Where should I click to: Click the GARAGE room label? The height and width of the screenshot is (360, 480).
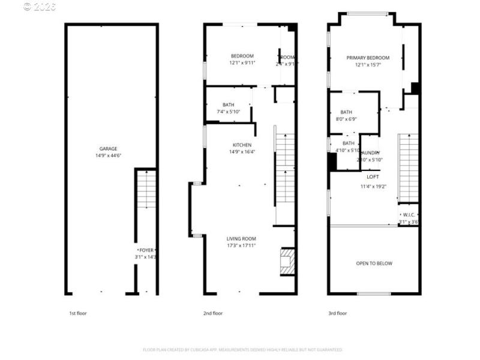click(109, 149)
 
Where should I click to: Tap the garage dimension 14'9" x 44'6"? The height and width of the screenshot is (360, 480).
click(109, 155)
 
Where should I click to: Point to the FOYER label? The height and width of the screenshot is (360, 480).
click(146, 250)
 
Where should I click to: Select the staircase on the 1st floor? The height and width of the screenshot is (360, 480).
click(146, 189)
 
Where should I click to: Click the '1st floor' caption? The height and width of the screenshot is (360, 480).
click(77, 313)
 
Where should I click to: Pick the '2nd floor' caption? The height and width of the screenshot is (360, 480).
click(213, 313)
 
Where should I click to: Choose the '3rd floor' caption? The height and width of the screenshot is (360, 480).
click(337, 313)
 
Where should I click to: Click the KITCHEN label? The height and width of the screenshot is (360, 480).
click(242, 145)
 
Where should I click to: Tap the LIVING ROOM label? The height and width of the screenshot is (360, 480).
click(241, 239)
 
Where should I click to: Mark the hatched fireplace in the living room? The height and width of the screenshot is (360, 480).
click(288, 262)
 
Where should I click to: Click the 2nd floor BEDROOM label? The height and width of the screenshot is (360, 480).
click(242, 56)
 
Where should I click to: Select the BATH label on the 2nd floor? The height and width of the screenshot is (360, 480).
click(228, 105)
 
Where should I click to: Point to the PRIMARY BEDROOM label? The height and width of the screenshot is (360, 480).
click(368, 58)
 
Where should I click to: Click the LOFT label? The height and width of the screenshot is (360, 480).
click(373, 177)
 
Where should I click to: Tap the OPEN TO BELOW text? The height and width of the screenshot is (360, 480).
click(374, 263)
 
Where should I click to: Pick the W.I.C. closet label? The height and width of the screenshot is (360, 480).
click(409, 215)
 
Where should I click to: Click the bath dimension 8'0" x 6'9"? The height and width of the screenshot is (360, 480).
click(347, 119)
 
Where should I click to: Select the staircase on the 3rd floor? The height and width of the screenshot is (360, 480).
click(408, 168)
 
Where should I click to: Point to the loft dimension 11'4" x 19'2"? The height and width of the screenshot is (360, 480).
click(373, 186)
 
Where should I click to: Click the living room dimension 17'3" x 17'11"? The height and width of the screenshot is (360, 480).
click(241, 245)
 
